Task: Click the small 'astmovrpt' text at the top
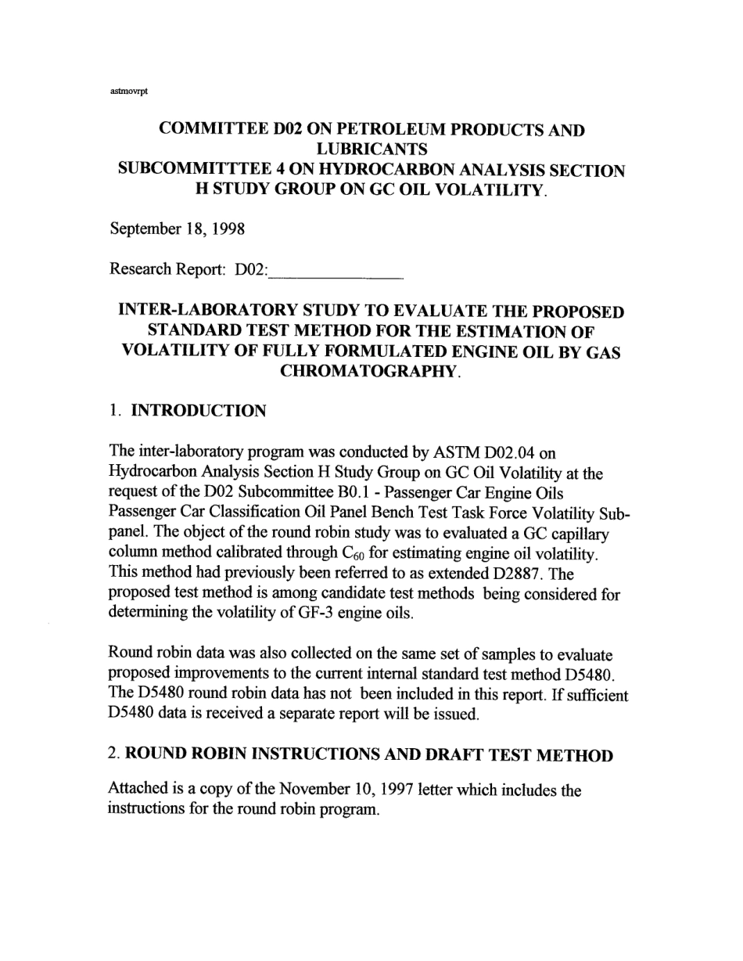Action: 129,90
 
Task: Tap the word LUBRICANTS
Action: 371,149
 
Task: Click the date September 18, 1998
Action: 178,229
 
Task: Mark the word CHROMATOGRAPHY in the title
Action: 367,372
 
